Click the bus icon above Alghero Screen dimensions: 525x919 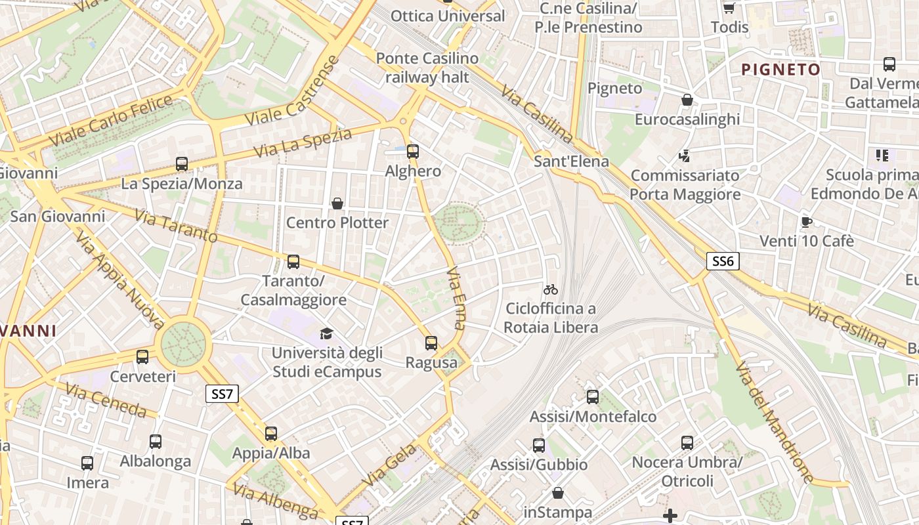coord(412,152)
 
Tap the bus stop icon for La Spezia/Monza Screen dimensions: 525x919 coord(182,164)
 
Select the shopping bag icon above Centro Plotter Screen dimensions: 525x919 coord(337,203)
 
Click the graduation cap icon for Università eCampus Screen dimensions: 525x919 coord(326,334)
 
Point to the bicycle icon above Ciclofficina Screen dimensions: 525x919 coord(551,289)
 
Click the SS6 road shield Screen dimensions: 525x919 coord(723,261)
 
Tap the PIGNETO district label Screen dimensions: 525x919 coord(780,70)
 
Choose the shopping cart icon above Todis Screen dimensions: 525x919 coord(729,8)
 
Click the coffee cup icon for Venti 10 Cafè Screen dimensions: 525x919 coord(807,222)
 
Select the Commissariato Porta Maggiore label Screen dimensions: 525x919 coord(685,185)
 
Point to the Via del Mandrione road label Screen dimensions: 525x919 coord(775,423)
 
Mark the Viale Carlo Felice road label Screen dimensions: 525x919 coord(112,121)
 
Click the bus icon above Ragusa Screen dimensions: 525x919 coord(431,343)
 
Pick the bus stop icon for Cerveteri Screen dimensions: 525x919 coord(142,358)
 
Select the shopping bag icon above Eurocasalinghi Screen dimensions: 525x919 coord(687,100)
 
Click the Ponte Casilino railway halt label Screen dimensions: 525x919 coord(427,68)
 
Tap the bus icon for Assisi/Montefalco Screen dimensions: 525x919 coord(593,397)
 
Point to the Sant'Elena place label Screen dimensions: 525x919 coord(571,161)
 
